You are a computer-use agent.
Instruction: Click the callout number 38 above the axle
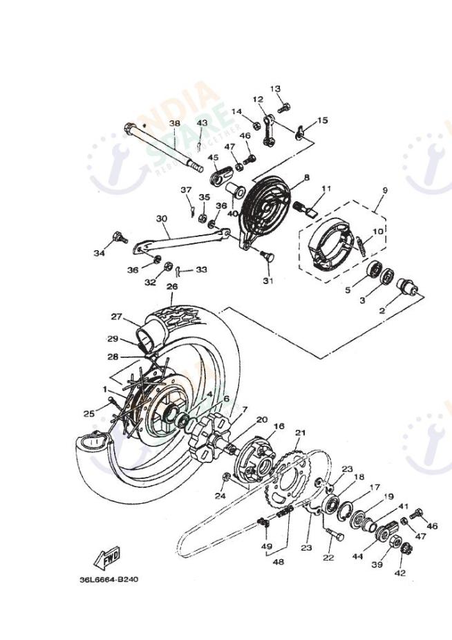(174, 124)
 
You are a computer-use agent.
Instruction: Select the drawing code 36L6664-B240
(109, 579)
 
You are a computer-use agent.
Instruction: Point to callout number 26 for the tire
(172, 286)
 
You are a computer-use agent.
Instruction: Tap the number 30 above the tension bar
(162, 219)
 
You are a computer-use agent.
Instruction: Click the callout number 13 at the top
(275, 89)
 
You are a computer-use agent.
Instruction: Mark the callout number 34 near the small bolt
(99, 253)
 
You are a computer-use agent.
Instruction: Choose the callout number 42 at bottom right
(399, 572)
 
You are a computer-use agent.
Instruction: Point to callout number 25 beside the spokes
(89, 413)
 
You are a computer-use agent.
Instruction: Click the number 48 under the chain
(278, 562)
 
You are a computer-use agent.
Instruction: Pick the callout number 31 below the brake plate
(267, 281)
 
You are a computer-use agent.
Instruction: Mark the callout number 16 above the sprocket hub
(279, 426)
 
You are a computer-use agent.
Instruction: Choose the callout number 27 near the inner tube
(117, 317)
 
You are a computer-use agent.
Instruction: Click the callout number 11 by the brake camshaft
(326, 188)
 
